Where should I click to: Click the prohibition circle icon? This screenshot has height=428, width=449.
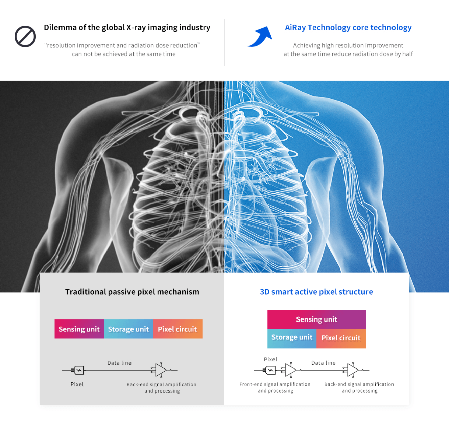coord(25,36)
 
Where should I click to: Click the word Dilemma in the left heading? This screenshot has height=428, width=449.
coord(60,28)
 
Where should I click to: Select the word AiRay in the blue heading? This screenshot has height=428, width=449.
coord(295,28)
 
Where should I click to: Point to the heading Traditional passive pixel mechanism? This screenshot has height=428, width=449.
coord(132,292)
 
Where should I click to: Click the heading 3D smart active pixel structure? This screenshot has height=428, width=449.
coord(316,292)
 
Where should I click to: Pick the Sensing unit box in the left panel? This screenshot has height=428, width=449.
coord(79,329)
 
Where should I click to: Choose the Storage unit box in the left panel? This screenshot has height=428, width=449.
coord(129,329)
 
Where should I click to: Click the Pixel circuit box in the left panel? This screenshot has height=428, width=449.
coord(178,329)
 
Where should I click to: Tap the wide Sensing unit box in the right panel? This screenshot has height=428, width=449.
coord(316,319)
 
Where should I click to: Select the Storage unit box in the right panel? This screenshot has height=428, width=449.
coord(292,338)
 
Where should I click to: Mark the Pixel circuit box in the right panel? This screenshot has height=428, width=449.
coord(341,338)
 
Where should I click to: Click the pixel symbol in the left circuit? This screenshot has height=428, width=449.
coord(79,370)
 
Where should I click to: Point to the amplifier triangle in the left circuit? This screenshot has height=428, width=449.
coord(161,370)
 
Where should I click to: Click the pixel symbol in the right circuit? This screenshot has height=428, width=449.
coord(271,370)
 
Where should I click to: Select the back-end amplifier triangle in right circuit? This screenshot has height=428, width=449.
coord(353,370)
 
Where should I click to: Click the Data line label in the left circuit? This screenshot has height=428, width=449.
coord(119,363)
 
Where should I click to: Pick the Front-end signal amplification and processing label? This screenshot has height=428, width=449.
coord(275,387)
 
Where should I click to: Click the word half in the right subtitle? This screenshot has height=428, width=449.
coord(407,54)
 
